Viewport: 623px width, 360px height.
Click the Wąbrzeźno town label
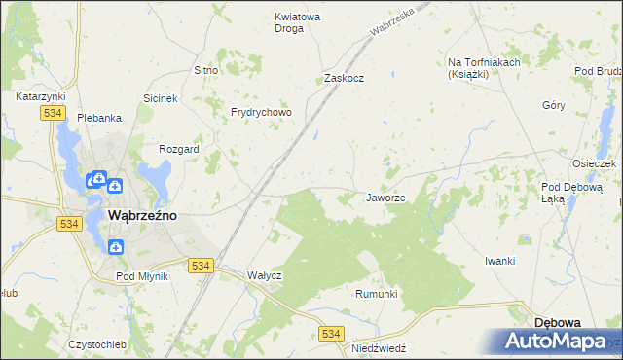141,216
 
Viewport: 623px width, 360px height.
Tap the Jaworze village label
385,198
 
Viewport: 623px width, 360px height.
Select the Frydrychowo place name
261,113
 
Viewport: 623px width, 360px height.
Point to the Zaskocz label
344,78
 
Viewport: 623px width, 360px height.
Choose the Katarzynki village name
40,97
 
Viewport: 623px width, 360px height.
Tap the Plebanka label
99,118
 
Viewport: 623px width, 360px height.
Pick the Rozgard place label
179,150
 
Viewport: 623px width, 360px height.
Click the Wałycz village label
265,275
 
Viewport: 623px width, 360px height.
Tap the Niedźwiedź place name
379,347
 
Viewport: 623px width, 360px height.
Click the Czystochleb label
98,344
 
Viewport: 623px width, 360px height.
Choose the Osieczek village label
595,163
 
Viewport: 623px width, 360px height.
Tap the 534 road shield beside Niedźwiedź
332,334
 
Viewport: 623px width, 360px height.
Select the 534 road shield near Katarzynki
54,114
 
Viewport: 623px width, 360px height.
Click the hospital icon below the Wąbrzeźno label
115,246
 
